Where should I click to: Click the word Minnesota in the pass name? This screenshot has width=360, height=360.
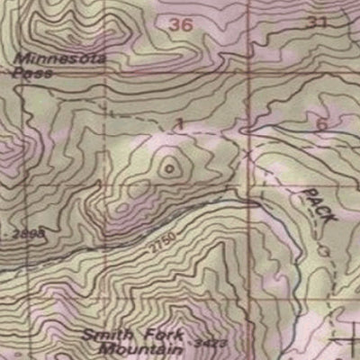(60, 59)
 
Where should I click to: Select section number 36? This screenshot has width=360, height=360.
(181, 25)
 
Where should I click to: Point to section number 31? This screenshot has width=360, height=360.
(316, 22)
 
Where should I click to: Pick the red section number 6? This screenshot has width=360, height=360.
(322, 124)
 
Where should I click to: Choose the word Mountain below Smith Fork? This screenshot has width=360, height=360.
(141, 347)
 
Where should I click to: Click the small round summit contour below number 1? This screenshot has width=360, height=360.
(169, 165)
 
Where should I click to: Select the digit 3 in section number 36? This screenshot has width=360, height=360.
(175, 25)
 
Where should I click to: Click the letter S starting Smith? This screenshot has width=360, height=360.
(87, 333)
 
